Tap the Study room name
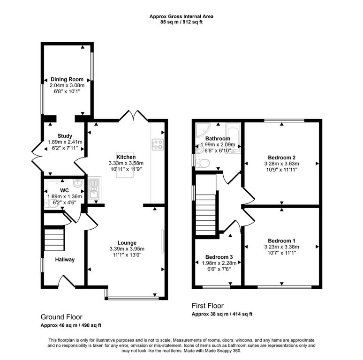point(65,136)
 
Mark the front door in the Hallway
point(66,281)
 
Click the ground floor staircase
point(53,240)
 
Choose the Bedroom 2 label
point(281,157)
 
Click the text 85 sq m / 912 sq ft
point(181,22)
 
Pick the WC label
point(64,190)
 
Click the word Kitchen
point(126,157)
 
